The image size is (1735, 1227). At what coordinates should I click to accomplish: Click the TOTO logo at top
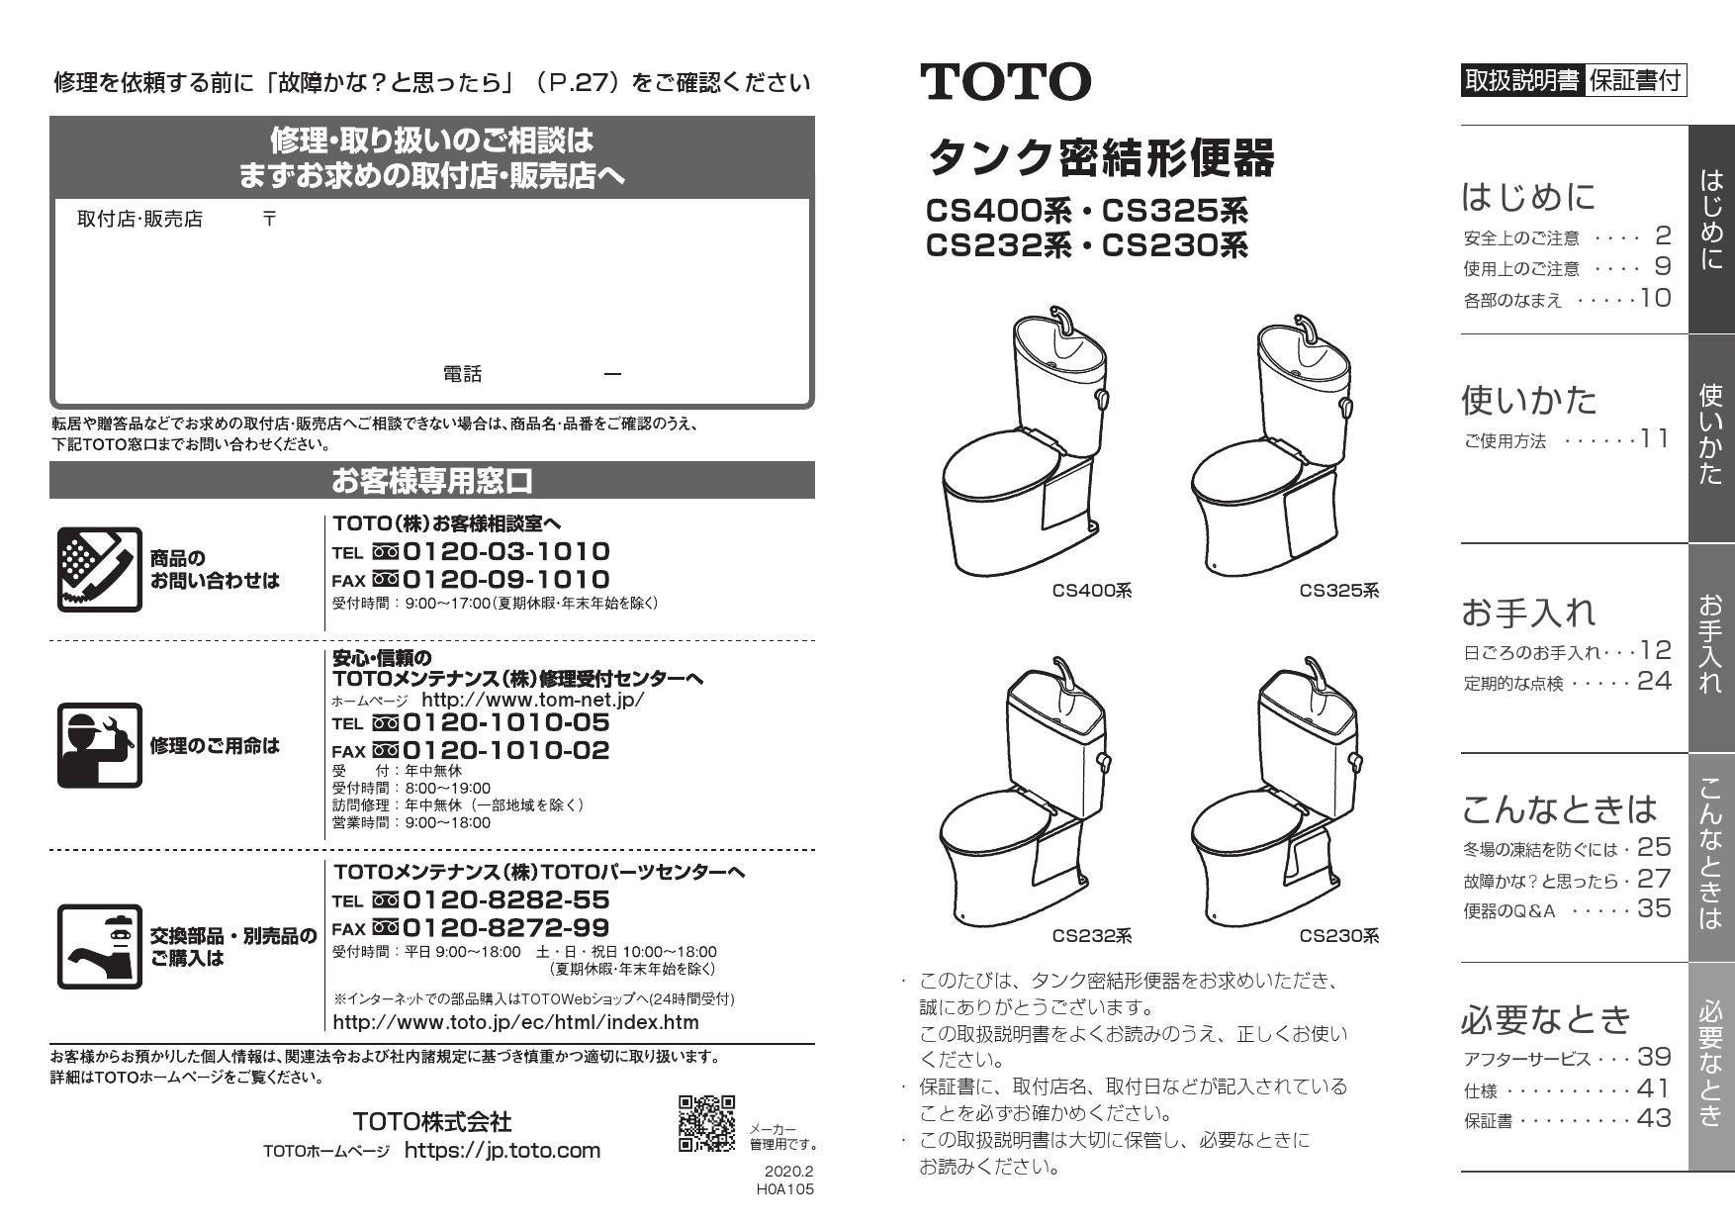pos(1006,81)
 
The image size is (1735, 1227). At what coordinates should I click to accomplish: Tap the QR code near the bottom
pos(706,1123)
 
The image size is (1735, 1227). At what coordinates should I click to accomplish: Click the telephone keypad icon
pos(99,569)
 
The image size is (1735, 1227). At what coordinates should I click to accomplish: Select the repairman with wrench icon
pos(99,745)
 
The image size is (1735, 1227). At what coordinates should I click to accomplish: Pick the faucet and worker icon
pos(99,947)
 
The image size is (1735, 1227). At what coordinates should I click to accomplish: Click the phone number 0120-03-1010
pos(505,552)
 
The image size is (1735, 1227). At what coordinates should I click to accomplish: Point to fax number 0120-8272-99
pos(505,928)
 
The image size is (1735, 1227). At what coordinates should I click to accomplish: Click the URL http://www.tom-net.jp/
pos(532,700)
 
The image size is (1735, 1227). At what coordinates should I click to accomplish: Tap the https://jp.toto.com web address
pos(502,1150)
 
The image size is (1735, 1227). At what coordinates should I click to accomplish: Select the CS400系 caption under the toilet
pos(1091,591)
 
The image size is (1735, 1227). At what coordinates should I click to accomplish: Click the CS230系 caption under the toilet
pos(1338,936)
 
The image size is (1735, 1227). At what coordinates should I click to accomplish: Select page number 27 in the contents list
pos(1654,878)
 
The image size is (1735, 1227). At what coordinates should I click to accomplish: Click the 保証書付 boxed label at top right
pos(1636,81)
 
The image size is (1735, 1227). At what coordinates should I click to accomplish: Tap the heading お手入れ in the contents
pos(1528,613)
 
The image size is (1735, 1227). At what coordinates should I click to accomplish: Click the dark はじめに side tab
pos(1710,230)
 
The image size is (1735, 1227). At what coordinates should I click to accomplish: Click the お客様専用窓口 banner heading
pos(432,481)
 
